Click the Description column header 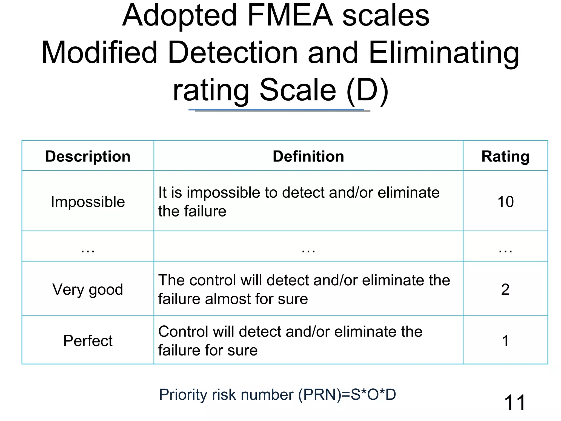point(88,157)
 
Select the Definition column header point(308,157)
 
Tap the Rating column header point(505,157)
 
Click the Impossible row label point(88,202)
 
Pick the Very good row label point(88,289)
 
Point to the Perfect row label point(88,341)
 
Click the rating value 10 point(505,202)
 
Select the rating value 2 point(505,289)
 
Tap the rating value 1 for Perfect point(505,341)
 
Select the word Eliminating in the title point(444,53)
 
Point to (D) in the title point(367,90)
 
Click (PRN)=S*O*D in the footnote point(347,395)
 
